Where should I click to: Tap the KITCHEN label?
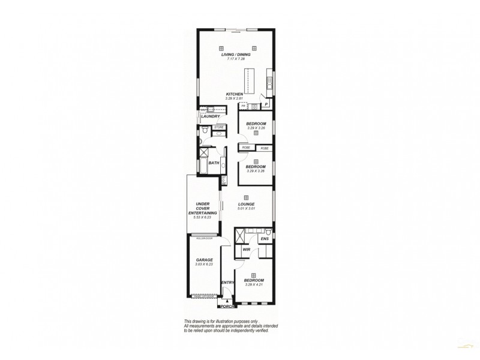(234, 94)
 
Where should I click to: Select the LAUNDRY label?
(211, 116)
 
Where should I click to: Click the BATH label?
(214, 163)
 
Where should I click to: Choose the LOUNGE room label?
(247, 204)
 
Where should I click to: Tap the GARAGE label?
(204, 260)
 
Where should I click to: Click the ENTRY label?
(227, 283)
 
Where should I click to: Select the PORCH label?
(226, 307)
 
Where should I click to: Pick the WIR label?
(246, 250)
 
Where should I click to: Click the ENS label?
(263, 239)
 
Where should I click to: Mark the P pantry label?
(266, 104)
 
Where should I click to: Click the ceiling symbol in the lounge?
(247, 197)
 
